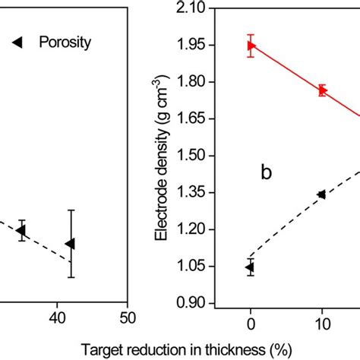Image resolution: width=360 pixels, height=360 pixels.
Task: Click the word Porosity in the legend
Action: click(x=65, y=43)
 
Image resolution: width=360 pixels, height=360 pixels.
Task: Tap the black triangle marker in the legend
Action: click(x=17, y=43)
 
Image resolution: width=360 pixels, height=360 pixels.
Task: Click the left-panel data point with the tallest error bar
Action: click(x=71, y=243)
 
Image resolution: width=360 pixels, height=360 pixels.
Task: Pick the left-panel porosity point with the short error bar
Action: click(x=22, y=230)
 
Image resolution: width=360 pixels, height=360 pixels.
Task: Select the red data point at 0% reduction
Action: click(x=251, y=46)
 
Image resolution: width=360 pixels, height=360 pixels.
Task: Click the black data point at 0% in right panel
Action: click(x=250, y=267)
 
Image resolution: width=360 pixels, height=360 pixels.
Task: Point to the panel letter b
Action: click(x=266, y=173)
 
